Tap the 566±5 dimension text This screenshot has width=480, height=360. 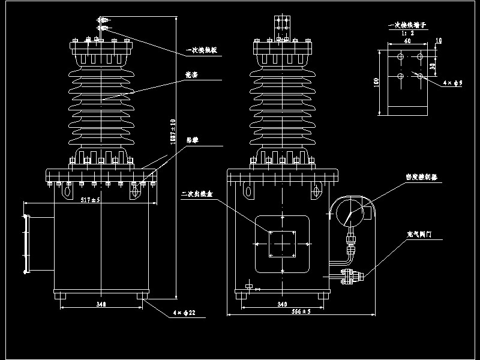click(300, 311)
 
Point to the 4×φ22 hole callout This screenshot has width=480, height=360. click(185, 313)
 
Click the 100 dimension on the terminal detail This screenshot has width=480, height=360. click(376, 82)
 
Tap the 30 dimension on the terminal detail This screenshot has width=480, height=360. click(434, 66)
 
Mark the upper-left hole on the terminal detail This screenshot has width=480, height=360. click(400, 56)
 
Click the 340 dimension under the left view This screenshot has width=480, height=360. click(101, 305)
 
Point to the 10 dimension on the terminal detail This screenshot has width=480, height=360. click(439, 41)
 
